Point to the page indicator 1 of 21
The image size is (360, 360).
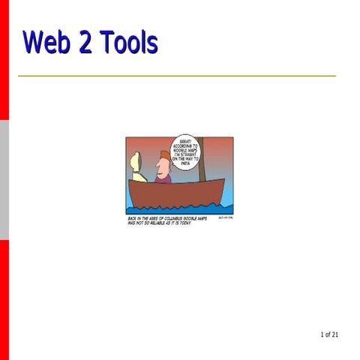[x=328, y=334]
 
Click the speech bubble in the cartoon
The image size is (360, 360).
[x=184, y=151]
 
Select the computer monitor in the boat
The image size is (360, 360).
[x=136, y=163]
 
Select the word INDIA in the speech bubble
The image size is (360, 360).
[x=184, y=163]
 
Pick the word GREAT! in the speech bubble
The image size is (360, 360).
[x=186, y=140]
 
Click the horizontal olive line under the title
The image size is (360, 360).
[x=177, y=76]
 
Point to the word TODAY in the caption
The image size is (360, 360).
[x=185, y=223]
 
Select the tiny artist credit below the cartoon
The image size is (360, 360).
[x=225, y=217]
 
